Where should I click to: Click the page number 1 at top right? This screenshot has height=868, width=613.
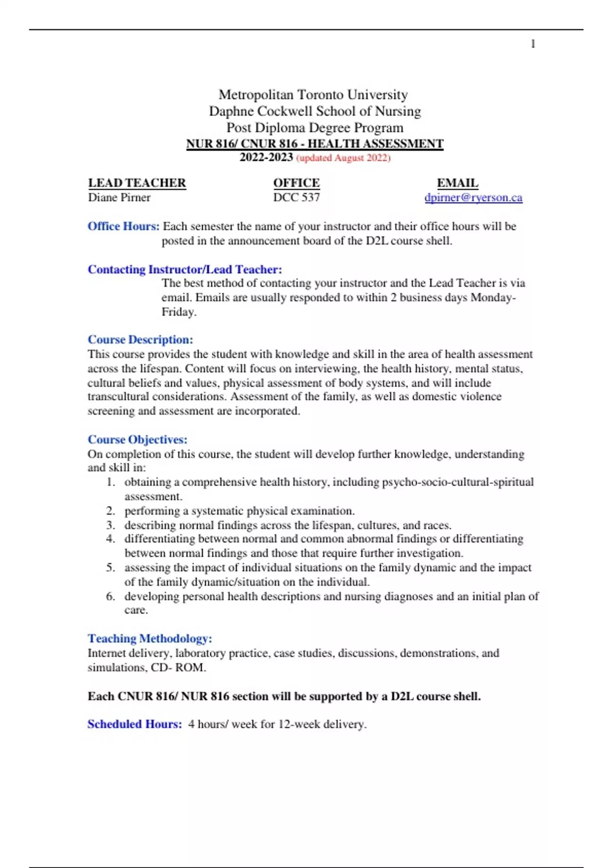[x=533, y=44]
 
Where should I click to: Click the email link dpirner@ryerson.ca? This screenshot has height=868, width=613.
[x=473, y=198]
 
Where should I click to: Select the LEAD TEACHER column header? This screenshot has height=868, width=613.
[x=137, y=183]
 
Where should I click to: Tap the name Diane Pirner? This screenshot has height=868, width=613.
[x=119, y=198]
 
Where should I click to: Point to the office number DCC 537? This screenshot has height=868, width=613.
[x=296, y=198]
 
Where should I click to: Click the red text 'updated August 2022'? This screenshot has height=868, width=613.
[x=343, y=158]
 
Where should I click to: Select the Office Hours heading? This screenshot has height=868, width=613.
[x=123, y=226]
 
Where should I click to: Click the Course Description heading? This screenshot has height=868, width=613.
[x=140, y=340]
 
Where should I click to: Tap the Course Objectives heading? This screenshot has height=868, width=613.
[x=137, y=440]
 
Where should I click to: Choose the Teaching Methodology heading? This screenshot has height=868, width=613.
[x=150, y=638]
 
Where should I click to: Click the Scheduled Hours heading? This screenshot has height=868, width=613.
[x=134, y=724]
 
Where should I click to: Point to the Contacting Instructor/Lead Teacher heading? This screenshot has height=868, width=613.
[x=184, y=270]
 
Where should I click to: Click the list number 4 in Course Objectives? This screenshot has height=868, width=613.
[x=110, y=539]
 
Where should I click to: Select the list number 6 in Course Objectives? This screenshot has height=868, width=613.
[x=110, y=596]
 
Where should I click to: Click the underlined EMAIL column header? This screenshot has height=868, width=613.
[x=457, y=183]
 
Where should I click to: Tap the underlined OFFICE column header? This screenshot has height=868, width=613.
[x=296, y=183]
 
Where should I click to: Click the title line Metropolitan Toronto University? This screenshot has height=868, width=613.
[x=313, y=95]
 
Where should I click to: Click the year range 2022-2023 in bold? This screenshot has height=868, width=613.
[x=266, y=158]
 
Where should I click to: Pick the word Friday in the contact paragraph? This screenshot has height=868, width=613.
[x=178, y=312]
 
